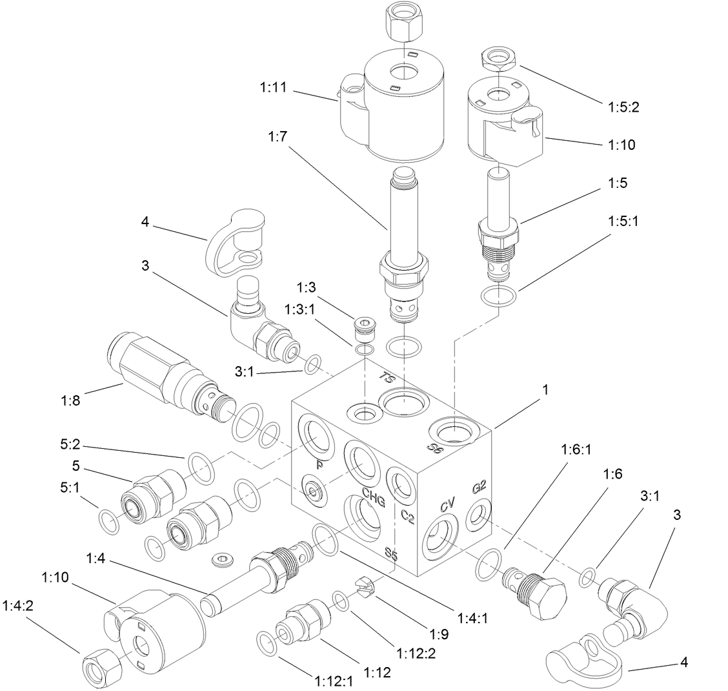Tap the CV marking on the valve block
pyautogui.click(x=449, y=504)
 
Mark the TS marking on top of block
pyautogui.click(x=387, y=378)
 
